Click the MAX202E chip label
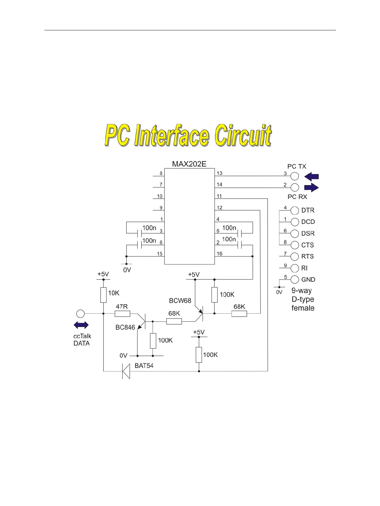pyautogui.click(x=189, y=164)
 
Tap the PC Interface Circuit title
pyautogui.click(x=188, y=136)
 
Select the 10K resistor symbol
pyautogui.click(x=103, y=295)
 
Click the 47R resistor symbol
pyautogui.click(x=122, y=314)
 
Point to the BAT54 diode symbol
pyautogui.click(x=126, y=371)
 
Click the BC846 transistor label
pyautogui.click(x=125, y=327)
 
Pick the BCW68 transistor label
pyautogui.click(x=180, y=301)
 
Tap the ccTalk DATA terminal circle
pyautogui.click(x=80, y=314)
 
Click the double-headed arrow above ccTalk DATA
pyautogui.click(x=81, y=325)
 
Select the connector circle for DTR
pyautogui.click(x=294, y=210)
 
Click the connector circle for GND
pyautogui.click(x=294, y=280)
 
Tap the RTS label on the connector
pyautogui.click(x=308, y=257)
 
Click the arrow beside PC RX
pyautogui.click(x=311, y=188)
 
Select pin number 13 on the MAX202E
pyautogui.click(x=219, y=173)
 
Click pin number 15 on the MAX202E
pyautogui.click(x=160, y=254)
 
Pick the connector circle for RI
pyautogui.click(x=294, y=268)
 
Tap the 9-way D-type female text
pyautogui.click(x=303, y=299)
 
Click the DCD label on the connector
pyautogui.click(x=308, y=222)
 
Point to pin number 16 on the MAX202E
pyautogui.click(x=219, y=254)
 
